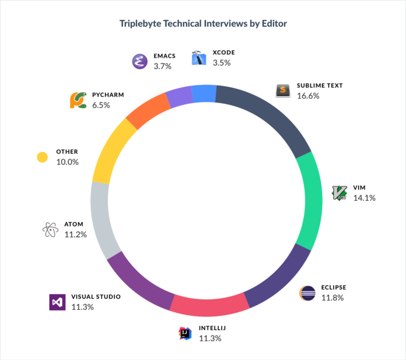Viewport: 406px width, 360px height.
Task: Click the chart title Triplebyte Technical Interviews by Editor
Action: [x=203, y=24]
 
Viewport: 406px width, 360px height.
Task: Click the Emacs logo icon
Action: [x=139, y=61]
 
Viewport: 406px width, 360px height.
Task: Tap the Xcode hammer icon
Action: [x=199, y=58]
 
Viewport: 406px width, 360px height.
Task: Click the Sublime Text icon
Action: [x=283, y=90]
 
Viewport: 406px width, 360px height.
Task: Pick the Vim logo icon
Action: [x=339, y=193]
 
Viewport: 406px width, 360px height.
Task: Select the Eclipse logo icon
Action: [x=307, y=293]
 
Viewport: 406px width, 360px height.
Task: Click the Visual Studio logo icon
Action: [x=57, y=302]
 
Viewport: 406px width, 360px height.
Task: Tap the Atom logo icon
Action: [x=50, y=229]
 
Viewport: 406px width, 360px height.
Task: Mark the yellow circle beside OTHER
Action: [x=42, y=157]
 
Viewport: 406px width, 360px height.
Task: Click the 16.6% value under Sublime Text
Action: [x=308, y=96]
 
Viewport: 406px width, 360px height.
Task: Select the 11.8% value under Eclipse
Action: [x=332, y=298]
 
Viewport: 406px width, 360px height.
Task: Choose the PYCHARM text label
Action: [x=108, y=95]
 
